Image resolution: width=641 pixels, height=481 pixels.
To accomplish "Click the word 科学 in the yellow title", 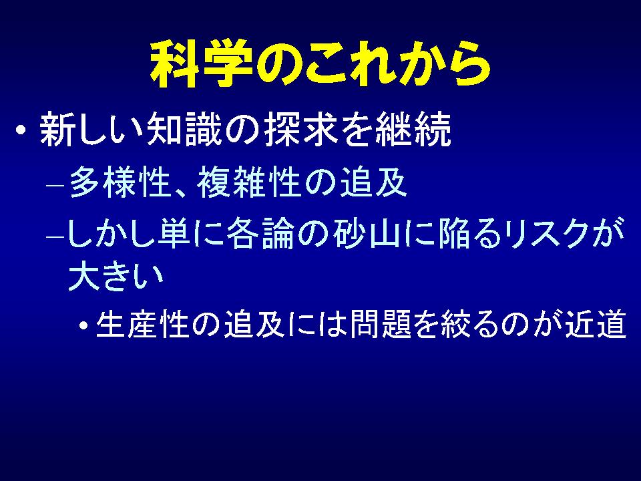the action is (201, 63).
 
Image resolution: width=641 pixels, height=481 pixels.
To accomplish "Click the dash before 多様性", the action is (55, 185).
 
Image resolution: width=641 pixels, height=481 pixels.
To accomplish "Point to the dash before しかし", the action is (55, 237).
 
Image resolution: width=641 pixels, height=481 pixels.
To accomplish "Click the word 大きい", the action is (116, 276).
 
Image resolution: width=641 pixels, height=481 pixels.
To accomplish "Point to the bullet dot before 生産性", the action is (84, 326).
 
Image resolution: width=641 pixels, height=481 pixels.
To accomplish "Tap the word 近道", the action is (596, 324).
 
